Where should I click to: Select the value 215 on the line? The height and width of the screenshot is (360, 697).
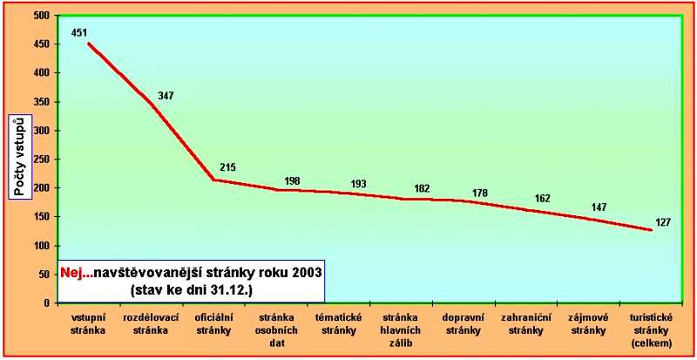[228, 167]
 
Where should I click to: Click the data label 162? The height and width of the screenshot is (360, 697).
[542, 199]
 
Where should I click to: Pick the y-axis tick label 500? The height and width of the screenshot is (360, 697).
[40, 16]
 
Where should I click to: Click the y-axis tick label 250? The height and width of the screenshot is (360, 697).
[40, 160]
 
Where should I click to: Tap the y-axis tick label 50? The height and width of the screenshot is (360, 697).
[43, 275]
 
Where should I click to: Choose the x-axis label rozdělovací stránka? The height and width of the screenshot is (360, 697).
[151, 324]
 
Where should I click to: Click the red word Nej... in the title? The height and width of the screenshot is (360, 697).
[76, 272]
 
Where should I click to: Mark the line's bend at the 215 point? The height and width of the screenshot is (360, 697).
[213, 180]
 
